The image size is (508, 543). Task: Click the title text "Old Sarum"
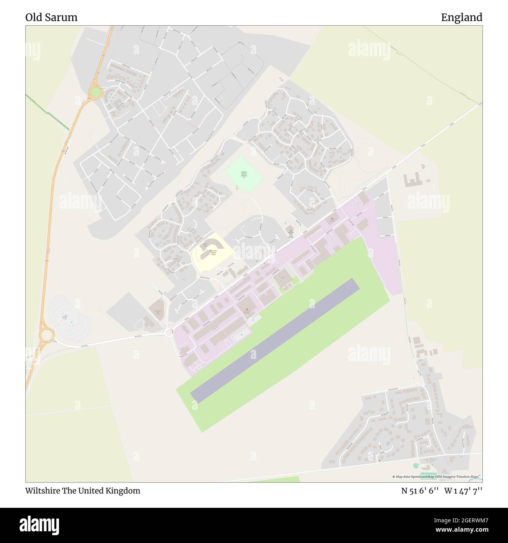coord(51,17)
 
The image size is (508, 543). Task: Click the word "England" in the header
coord(461,17)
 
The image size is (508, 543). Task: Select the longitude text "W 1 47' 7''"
coord(463,491)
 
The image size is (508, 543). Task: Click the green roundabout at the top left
coord(95,93)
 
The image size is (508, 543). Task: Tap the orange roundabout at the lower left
coord(46,335)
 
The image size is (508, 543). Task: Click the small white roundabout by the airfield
coord(169,332)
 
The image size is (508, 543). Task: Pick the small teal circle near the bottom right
coord(415,466)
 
